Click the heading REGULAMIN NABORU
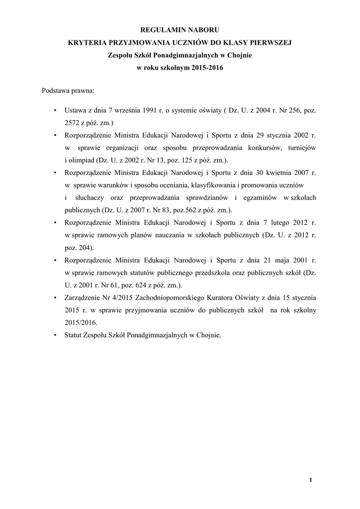click(x=180, y=31)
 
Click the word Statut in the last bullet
click(x=75, y=335)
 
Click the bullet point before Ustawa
click(x=54, y=109)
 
